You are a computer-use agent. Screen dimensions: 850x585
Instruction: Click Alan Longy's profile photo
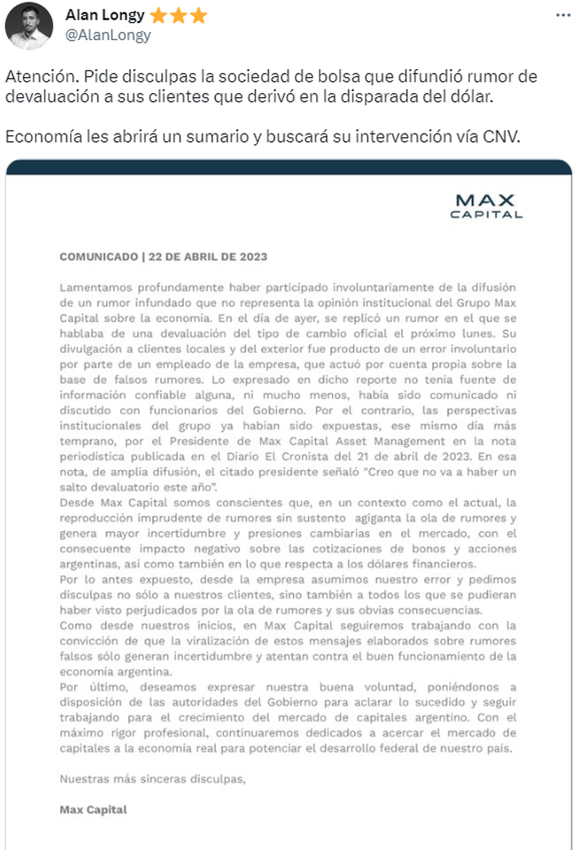[x=29, y=25]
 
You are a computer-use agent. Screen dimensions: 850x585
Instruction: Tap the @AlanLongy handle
[x=108, y=35]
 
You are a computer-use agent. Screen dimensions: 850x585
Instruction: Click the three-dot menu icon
[x=562, y=15]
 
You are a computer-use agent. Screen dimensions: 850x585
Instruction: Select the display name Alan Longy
[x=104, y=15]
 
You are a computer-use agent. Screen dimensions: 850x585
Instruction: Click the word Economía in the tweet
[x=37, y=138]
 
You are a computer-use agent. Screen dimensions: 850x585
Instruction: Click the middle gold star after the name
[x=179, y=15]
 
